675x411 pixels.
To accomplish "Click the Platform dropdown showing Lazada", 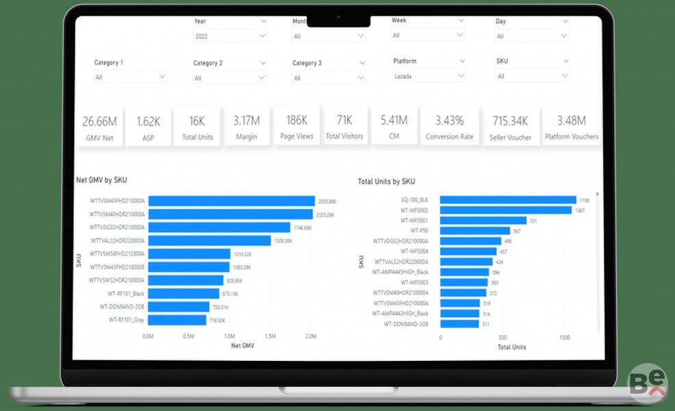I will pos(429,76).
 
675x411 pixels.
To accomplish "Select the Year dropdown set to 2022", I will pos(230,36).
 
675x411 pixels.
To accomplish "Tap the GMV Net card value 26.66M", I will pos(99,121).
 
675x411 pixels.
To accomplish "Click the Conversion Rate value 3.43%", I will pos(449,121).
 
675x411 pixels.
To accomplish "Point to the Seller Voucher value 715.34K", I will pos(510,121).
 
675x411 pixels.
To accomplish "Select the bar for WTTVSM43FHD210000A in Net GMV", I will pos(232,201).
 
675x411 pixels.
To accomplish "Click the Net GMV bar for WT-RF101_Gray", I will pos(177,320).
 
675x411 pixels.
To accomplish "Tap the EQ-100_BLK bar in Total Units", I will pos(508,200).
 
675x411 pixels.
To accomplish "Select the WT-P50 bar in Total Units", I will pos(475,231).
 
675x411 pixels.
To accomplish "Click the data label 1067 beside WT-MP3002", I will pos(580,210).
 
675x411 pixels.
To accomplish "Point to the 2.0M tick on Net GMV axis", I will pos(310,336).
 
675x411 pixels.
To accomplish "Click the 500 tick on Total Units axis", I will pos(502,338).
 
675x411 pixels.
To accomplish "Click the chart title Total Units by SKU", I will pos(386,182).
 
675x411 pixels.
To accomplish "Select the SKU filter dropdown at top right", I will pos(532,76).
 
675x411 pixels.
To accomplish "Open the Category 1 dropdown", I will pos(130,77).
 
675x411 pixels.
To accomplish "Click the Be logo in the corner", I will pos(647,384).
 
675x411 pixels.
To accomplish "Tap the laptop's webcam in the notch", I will pos(338,16).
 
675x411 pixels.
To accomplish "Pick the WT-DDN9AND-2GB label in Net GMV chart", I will pos(122,307).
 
